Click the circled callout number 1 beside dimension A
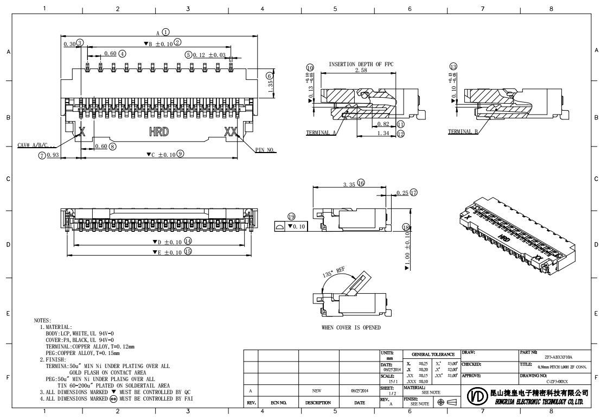(166, 32)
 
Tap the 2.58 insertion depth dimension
(361, 71)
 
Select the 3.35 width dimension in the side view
(349, 185)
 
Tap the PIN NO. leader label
(266, 150)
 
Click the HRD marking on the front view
(158, 132)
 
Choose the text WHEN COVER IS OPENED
(351, 327)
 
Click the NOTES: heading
(42, 321)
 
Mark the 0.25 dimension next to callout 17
(402, 193)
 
